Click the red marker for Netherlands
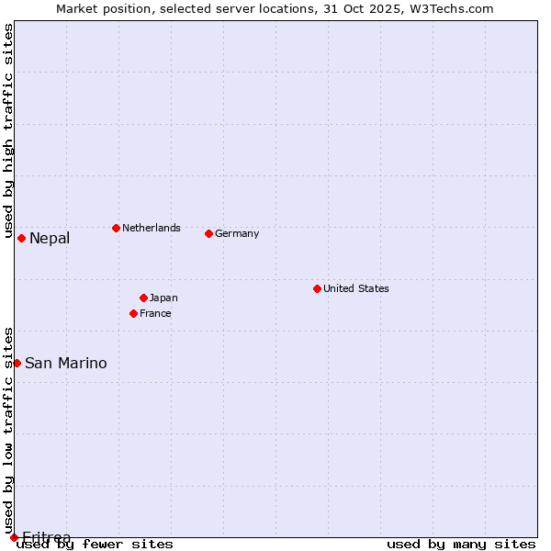[x=116, y=228]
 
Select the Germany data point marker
[x=208, y=233]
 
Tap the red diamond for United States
[x=317, y=288]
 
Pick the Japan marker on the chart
[x=143, y=298]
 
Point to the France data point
[x=133, y=313]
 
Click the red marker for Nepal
[x=21, y=238]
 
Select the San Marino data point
[x=17, y=363]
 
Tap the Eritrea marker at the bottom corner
[x=14, y=537]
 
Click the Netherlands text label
[x=151, y=228]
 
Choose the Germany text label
[x=237, y=233]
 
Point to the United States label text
[x=355, y=288]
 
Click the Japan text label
[x=163, y=298]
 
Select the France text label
[x=155, y=313]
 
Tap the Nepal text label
[x=50, y=239]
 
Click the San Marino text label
[x=65, y=364]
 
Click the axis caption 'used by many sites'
[x=461, y=544]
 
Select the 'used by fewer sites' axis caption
[x=96, y=544]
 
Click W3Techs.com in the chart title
[x=451, y=8]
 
